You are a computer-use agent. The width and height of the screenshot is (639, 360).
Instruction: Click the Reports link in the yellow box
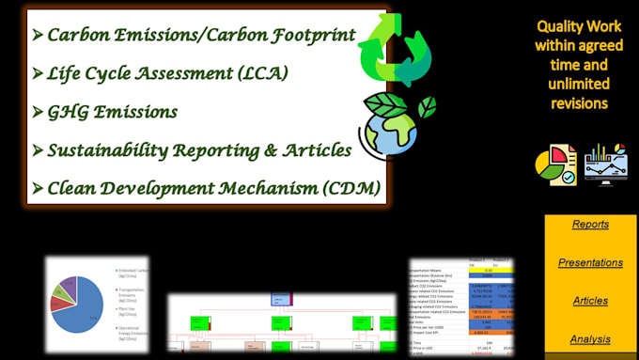590,224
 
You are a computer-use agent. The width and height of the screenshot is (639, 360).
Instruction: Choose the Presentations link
590,262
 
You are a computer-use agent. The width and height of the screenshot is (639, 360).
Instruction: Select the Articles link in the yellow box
590,301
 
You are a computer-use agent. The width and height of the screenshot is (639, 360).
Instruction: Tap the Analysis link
590,339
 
